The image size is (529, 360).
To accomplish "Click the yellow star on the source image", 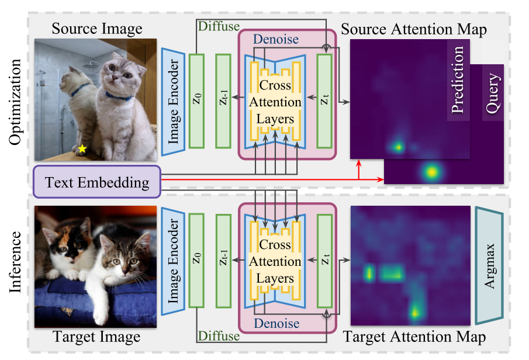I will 82,149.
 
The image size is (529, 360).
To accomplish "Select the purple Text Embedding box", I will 97,182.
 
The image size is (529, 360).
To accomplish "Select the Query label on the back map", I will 492,93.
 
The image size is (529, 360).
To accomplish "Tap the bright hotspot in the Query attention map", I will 431,172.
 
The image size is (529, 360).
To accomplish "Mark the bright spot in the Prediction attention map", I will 399,147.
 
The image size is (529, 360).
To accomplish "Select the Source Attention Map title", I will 413,29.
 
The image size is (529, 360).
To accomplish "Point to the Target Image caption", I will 96,337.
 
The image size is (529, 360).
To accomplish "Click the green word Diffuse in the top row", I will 219,27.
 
